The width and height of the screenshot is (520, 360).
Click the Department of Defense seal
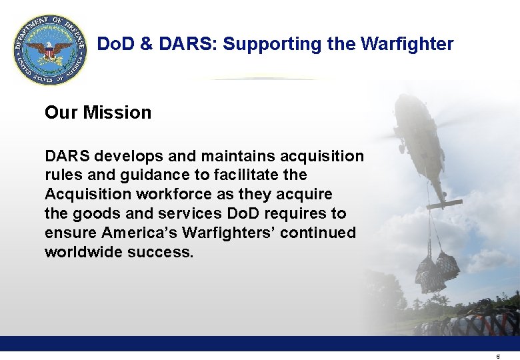(50, 51)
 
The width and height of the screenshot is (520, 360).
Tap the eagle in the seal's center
(50, 51)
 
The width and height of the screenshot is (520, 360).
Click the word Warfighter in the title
(407, 45)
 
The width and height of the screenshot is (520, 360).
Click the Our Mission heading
(98, 113)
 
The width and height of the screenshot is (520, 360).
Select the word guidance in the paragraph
(149, 175)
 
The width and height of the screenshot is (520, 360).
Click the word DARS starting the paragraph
(67, 156)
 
